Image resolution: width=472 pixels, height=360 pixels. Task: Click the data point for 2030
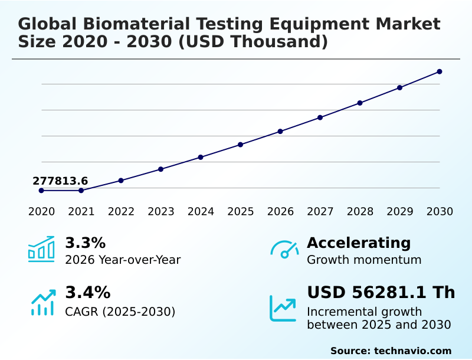point(440,72)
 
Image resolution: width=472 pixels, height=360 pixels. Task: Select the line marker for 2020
point(41,191)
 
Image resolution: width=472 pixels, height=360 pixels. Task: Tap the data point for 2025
point(240,145)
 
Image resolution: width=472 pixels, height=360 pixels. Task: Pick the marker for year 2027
point(320,117)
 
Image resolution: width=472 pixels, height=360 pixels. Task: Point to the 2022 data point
point(121,181)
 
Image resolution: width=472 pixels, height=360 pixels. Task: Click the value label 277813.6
point(60,181)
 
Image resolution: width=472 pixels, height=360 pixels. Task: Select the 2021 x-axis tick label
point(81,212)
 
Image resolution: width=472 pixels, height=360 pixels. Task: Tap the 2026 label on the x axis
point(280,212)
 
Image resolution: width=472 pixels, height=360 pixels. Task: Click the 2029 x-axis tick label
point(399,212)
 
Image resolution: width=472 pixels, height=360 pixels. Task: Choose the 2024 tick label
point(201,212)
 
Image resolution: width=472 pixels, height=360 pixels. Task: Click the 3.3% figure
point(85,243)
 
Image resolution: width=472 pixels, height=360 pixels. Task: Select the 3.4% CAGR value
point(87,293)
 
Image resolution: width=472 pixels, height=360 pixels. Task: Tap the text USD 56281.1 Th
point(381,293)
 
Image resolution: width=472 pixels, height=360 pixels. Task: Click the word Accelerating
point(359,243)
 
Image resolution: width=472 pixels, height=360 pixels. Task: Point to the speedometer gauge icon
point(284,250)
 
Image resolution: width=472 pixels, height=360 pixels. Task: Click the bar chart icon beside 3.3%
point(41,249)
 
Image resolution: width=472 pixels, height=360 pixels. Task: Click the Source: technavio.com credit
point(391,351)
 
